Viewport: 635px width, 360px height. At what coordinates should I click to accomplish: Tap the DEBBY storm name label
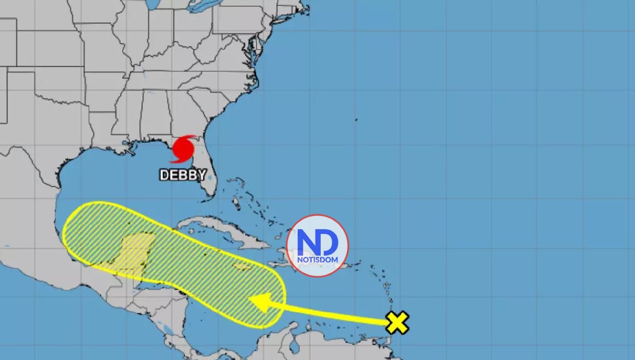click(x=183, y=175)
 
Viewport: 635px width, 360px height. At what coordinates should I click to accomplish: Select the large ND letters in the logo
click(x=317, y=242)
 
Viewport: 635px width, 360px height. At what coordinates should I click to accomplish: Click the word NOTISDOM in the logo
click(x=317, y=259)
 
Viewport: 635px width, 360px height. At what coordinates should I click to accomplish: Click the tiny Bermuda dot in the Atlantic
click(x=356, y=120)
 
